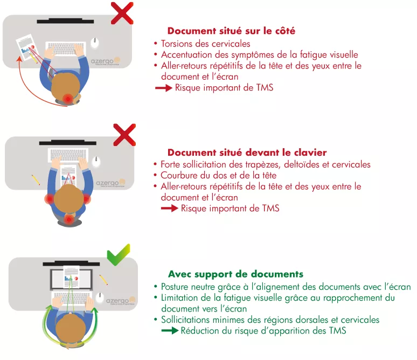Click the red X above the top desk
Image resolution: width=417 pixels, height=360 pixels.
click(122, 13)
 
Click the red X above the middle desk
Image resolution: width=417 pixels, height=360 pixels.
click(124, 135)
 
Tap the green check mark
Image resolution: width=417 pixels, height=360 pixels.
click(119, 254)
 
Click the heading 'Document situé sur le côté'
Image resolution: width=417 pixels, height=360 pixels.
click(231, 31)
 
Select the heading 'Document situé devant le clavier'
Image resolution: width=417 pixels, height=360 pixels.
click(247, 153)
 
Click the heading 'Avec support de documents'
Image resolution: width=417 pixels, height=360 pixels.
click(235, 274)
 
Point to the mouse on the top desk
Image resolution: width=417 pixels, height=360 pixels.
click(95, 43)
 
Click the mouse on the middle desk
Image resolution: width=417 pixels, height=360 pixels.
click(96, 162)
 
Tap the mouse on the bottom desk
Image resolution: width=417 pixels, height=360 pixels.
click(100, 297)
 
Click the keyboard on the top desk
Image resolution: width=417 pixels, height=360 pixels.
click(65, 49)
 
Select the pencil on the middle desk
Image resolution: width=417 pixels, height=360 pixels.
click(36, 180)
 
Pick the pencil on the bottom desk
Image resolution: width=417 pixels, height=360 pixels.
click(103, 280)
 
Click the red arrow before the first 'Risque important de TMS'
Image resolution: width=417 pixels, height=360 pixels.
click(164, 88)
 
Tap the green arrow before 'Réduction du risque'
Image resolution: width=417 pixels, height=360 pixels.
click(170, 331)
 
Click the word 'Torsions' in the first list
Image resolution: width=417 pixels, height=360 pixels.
click(177, 44)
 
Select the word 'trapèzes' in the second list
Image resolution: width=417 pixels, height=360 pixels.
click(262, 165)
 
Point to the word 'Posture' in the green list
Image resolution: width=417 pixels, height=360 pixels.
click(175, 287)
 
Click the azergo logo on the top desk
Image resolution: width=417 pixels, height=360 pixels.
click(105, 61)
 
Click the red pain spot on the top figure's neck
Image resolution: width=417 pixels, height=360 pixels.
click(68, 99)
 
